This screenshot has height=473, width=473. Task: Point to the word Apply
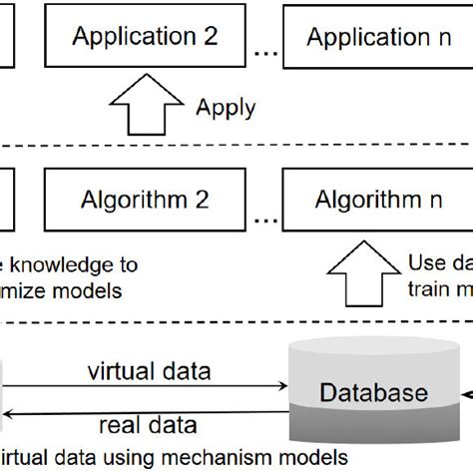[x=226, y=107]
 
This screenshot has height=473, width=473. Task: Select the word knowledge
[x=75, y=265]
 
